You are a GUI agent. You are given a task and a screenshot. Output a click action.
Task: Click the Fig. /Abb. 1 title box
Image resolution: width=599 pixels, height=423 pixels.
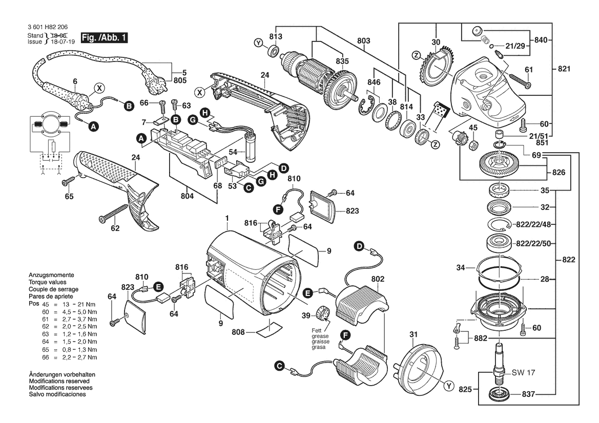click(104, 38)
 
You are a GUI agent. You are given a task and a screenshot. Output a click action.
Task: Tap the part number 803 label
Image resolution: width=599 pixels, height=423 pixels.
click(364, 40)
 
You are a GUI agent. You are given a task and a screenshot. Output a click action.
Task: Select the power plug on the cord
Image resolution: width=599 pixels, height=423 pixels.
click(156, 80)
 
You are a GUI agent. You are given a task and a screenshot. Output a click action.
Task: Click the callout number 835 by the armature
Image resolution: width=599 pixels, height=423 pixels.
click(342, 61)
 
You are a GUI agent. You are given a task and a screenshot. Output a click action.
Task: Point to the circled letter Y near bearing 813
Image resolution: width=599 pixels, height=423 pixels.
click(259, 43)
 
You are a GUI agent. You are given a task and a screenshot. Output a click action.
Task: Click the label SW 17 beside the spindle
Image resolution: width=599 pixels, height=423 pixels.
click(523, 373)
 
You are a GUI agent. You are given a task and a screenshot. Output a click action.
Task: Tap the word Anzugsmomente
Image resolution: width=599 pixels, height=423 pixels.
click(51, 275)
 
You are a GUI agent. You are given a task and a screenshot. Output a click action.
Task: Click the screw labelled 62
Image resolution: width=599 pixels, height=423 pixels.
click(113, 213)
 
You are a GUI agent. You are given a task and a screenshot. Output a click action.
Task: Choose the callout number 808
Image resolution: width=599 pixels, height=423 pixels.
click(238, 332)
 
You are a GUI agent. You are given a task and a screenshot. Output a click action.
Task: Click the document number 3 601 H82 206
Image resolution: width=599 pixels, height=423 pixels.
click(48, 28)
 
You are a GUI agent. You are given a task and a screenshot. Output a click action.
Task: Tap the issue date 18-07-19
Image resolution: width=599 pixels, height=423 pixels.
click(63, 41)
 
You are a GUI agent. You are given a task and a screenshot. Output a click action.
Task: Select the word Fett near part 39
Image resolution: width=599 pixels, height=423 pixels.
click(317, 331)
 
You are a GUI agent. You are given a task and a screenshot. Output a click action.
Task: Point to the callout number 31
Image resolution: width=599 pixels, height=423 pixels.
click(414, 334)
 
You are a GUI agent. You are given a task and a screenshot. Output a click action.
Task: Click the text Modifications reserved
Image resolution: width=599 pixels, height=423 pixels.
click(59, 381)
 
